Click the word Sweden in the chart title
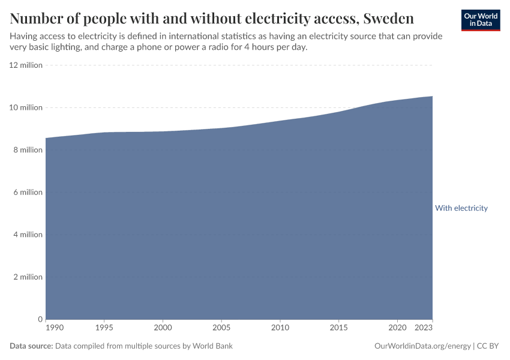(x=388, y=17)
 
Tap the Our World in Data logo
(x=481, y=20)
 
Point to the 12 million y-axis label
(x=26, y=65)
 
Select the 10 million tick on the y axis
(x=26, y=107)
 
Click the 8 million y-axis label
(x=28, y=150)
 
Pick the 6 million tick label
(x=28, y=193)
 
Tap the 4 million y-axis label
(x=28, y=235)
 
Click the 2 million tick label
(x=28, y=277)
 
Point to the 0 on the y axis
(x=40, y=319)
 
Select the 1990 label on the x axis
(x=54, y=328)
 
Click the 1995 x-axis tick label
(x=104, y=328)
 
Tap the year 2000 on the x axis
(x=163, y=328)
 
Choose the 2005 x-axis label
(x=221, y=328)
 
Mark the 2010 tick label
(x=280, y=328)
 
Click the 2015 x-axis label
(x=338, y=328)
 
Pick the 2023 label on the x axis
(x=424, y=328)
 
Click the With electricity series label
(x=461, y=208)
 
